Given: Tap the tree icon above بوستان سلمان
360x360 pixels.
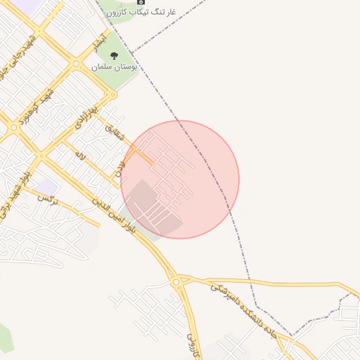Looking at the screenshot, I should [x=115, y=55].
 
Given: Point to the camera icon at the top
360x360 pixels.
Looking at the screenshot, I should [x=139, y=2].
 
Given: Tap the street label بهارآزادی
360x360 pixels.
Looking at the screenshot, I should [x=86, y=121].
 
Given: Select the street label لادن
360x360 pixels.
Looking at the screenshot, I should [x=119, y=167].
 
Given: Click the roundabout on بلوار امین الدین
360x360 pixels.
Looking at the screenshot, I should [x=176, y=282].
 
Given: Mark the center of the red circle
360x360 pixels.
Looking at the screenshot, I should [x=180, y=179].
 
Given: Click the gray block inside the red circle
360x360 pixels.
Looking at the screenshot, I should [x=152, y=208].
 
